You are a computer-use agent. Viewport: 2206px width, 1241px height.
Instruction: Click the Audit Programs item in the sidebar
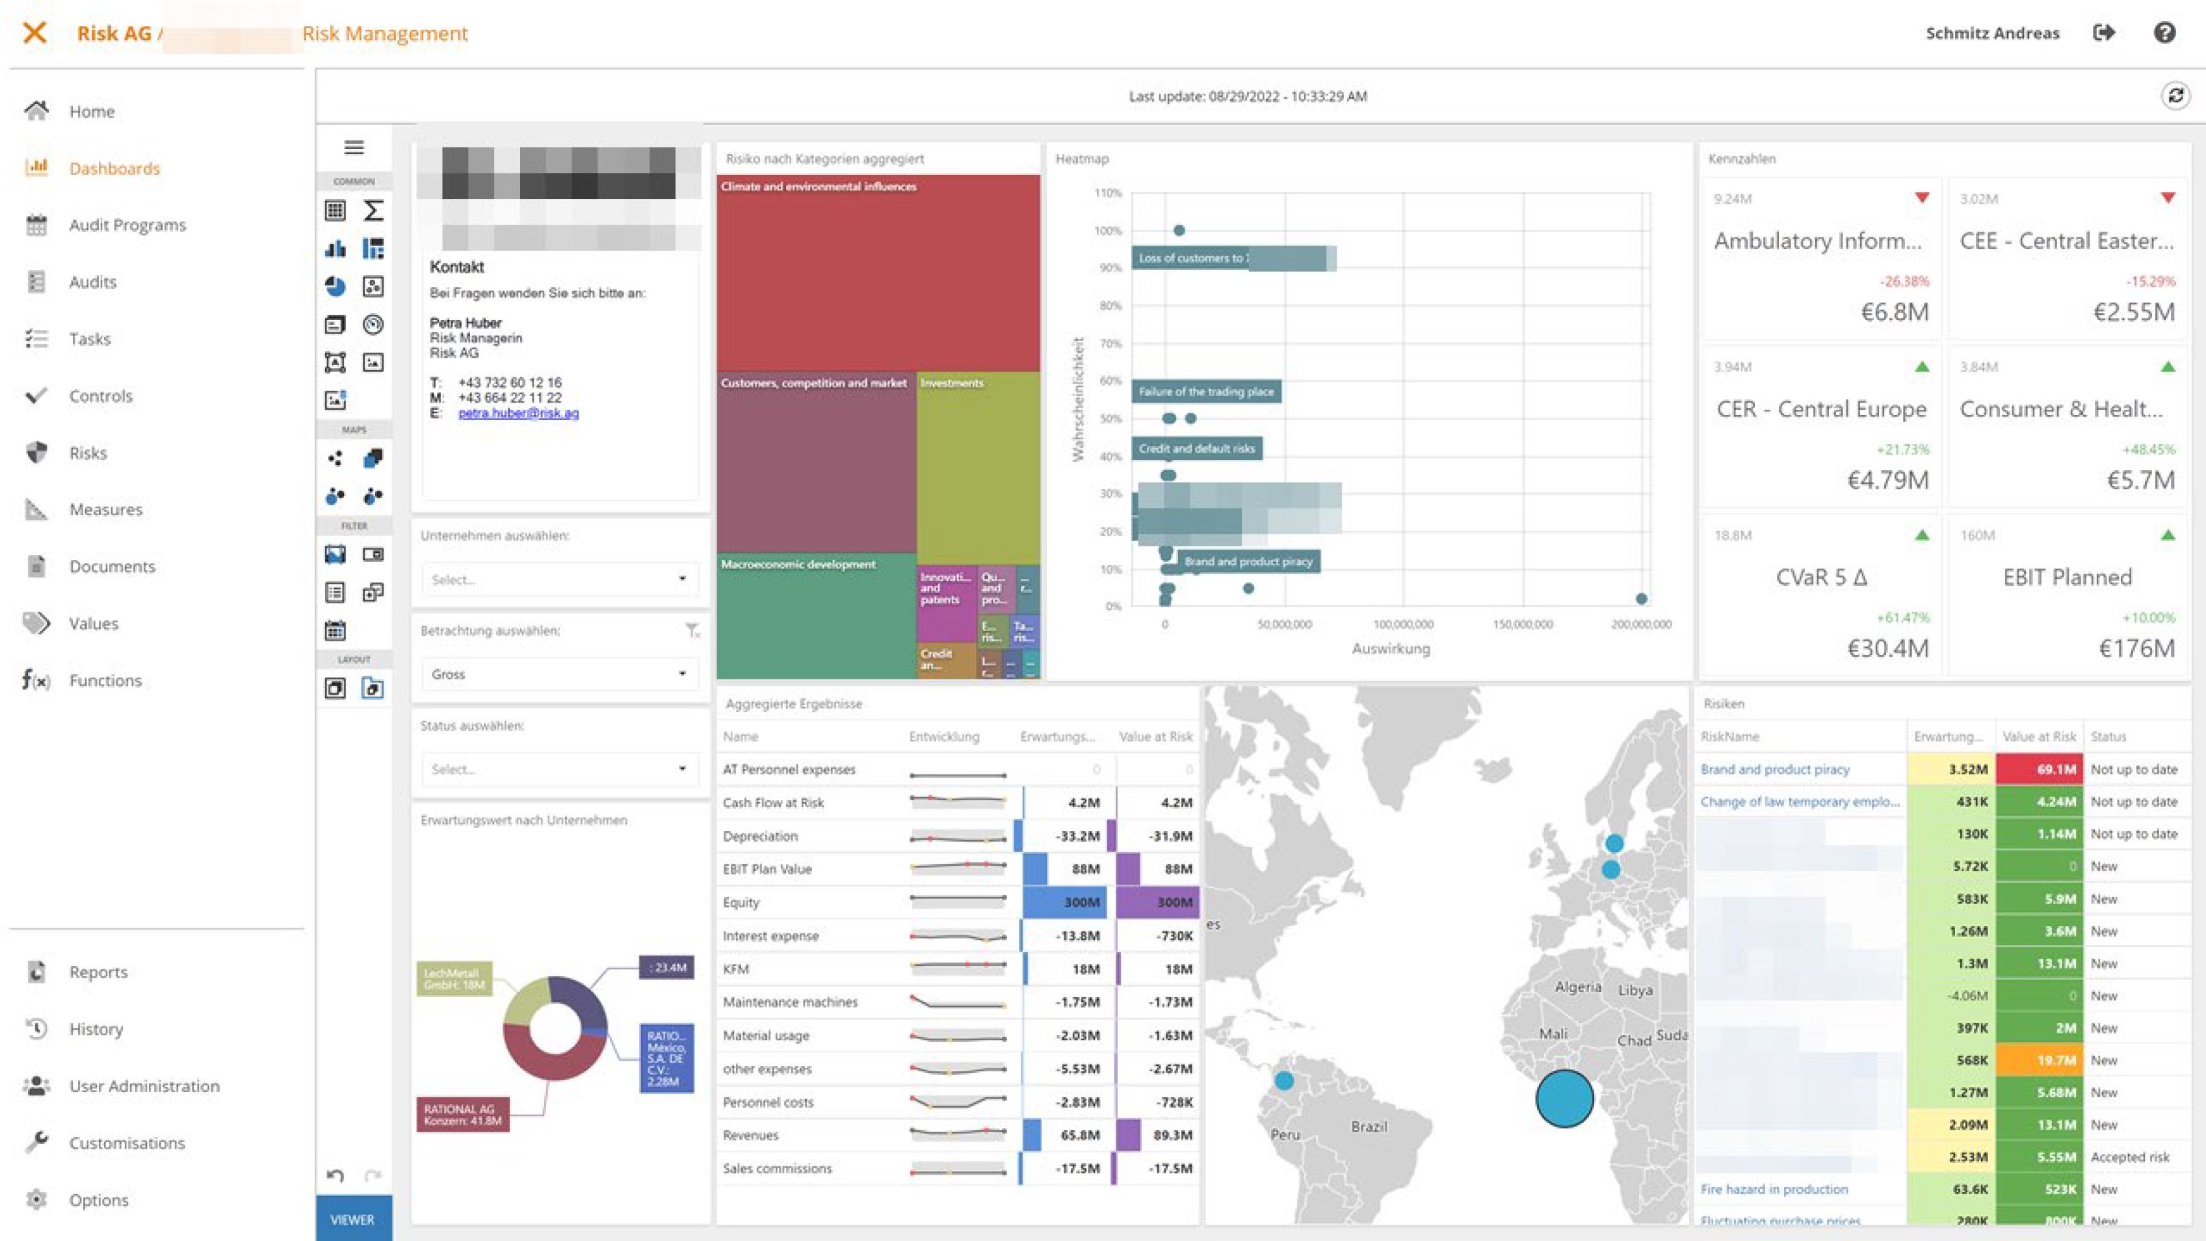click(127, 225)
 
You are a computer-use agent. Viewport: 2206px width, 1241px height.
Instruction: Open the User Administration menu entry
click(144, 1086)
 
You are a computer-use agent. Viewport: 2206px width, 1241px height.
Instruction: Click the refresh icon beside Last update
click(2175, 96)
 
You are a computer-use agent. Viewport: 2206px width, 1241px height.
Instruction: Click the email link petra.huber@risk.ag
click(518, 413)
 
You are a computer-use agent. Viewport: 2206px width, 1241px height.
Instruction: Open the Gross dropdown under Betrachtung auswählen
click(559, 674)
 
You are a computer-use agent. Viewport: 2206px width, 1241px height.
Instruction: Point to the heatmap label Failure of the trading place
click(1206, 392)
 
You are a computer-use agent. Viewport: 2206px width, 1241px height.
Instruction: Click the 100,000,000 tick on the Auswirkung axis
click(1403, 624)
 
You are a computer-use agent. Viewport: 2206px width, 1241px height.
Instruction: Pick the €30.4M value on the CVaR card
click(1887, 648)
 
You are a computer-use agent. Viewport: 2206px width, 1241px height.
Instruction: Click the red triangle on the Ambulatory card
click(1922, 198)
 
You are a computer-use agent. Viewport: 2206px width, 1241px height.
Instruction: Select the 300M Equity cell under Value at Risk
click(1158, 902)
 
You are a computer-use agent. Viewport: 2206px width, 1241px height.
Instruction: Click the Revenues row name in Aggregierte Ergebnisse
click(750, 1135)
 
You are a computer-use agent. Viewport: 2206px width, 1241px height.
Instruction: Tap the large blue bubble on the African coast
click(1564, 1099)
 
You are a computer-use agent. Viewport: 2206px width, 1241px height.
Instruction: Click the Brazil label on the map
click(1369, 1127)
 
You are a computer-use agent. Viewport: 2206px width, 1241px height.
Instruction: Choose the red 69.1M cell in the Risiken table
click(2038, 769)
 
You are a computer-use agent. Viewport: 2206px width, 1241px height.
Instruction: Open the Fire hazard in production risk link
click(1774, 1189)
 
